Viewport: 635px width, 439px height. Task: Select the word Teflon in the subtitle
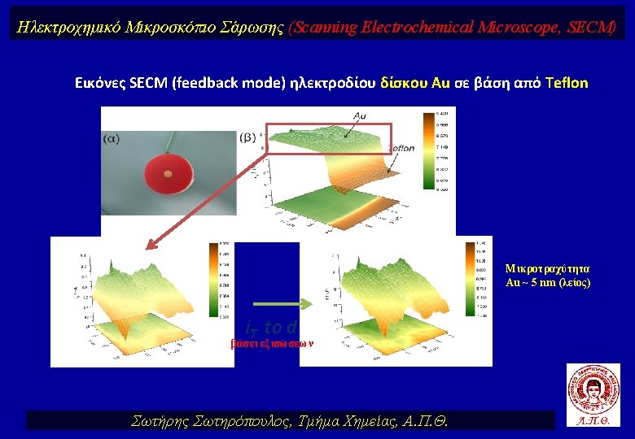tap(567, 83)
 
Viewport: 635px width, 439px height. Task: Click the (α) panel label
tap(111, 138)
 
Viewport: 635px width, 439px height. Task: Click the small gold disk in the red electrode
tap(168, 174)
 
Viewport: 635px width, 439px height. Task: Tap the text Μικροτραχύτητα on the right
tap(547, 267)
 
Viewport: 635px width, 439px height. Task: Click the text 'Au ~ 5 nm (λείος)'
tap(547, 282)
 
